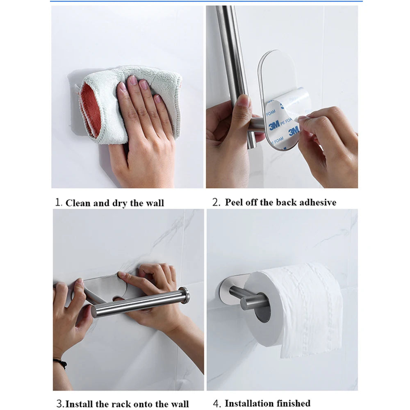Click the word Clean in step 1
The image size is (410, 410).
(x=77, y=203)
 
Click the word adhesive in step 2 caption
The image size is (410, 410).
(x=317, y=202)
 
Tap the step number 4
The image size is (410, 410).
(x=217, y=403)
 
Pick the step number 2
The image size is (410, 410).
(x=216, y=203)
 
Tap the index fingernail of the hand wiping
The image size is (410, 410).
(x=121, y=86)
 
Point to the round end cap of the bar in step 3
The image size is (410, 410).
(x=185, y=296)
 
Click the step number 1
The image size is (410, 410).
(x=59, y=203)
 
